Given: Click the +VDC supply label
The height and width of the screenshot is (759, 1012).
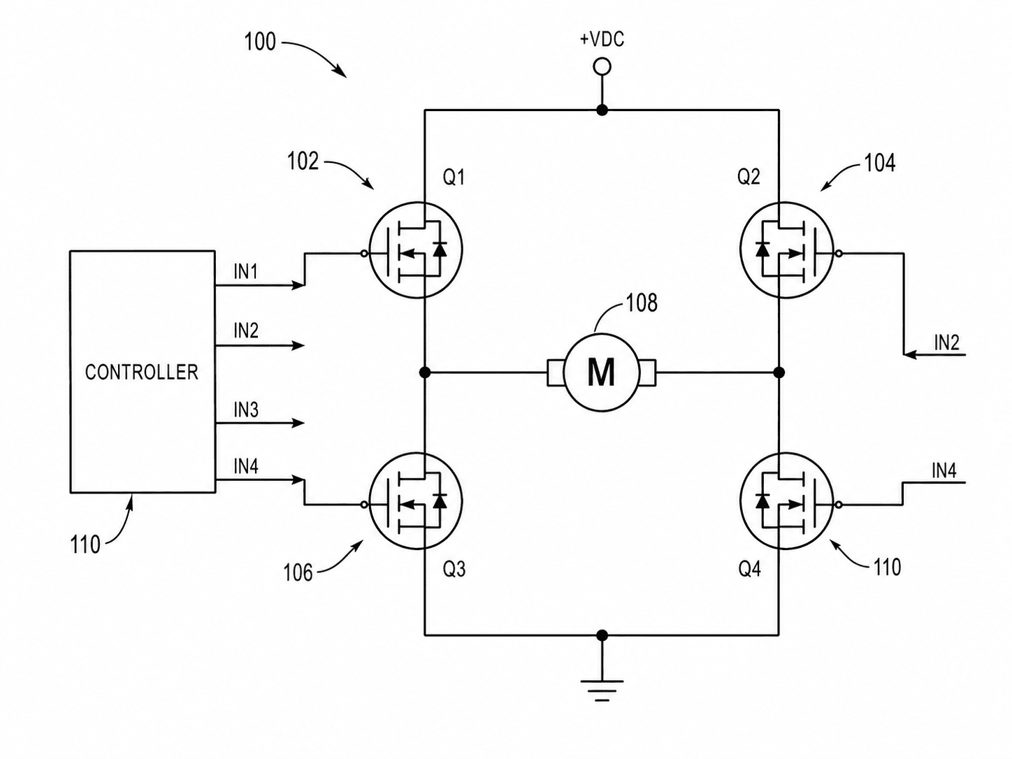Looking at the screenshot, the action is (602, 40).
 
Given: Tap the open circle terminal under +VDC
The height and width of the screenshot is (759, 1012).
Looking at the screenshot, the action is (602, 67).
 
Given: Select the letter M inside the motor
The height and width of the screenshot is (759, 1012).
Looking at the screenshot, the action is (601, 373).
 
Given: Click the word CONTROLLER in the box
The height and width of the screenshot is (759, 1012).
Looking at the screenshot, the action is (142, 373).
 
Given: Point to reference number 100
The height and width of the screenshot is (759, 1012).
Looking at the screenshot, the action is (260, 42).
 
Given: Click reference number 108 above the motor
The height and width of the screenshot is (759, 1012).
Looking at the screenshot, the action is (642, 303).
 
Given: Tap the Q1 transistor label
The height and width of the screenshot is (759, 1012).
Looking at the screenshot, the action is (454, 178).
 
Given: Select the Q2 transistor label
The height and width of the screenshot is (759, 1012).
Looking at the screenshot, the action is (749, 177).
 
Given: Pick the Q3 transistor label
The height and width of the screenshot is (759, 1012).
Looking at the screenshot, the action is (454, 570).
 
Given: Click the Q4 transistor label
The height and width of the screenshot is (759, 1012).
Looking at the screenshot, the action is (750, 570).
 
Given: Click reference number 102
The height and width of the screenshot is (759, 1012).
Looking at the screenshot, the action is (303, 161).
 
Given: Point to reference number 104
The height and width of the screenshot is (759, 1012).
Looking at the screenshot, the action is (880, 163).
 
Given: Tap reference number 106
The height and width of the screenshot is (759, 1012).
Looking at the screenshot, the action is (298, 573).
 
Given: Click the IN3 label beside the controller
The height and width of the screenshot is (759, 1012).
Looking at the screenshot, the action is (246, 410).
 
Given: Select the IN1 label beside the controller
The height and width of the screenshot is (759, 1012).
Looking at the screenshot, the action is (245, 272).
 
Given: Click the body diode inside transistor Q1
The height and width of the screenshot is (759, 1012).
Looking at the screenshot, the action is (440, 250).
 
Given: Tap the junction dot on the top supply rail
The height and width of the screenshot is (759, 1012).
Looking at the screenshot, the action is (602, 110).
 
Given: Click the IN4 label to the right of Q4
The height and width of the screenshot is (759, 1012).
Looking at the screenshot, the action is (944, 471).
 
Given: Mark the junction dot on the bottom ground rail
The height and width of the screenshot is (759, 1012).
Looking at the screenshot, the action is (602, 635).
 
